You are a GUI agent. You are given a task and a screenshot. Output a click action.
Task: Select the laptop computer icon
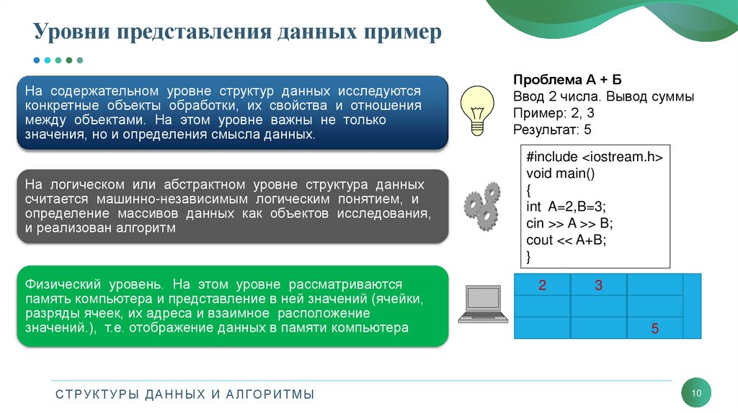point(479,304)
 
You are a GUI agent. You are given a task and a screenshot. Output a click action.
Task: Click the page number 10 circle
point(696,393)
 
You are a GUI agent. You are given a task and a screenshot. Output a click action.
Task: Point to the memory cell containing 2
point(542,286)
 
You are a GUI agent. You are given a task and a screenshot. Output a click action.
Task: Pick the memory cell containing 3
point(598,286)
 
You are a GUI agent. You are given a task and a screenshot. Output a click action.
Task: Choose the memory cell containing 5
point(654,329)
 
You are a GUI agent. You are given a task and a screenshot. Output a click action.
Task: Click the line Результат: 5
point(552,130)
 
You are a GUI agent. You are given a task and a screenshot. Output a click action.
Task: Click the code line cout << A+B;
point(566,240)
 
